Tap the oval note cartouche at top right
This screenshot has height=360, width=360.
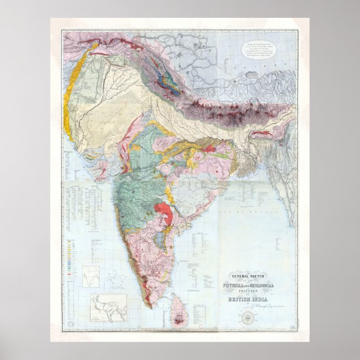tap(259, 49)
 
